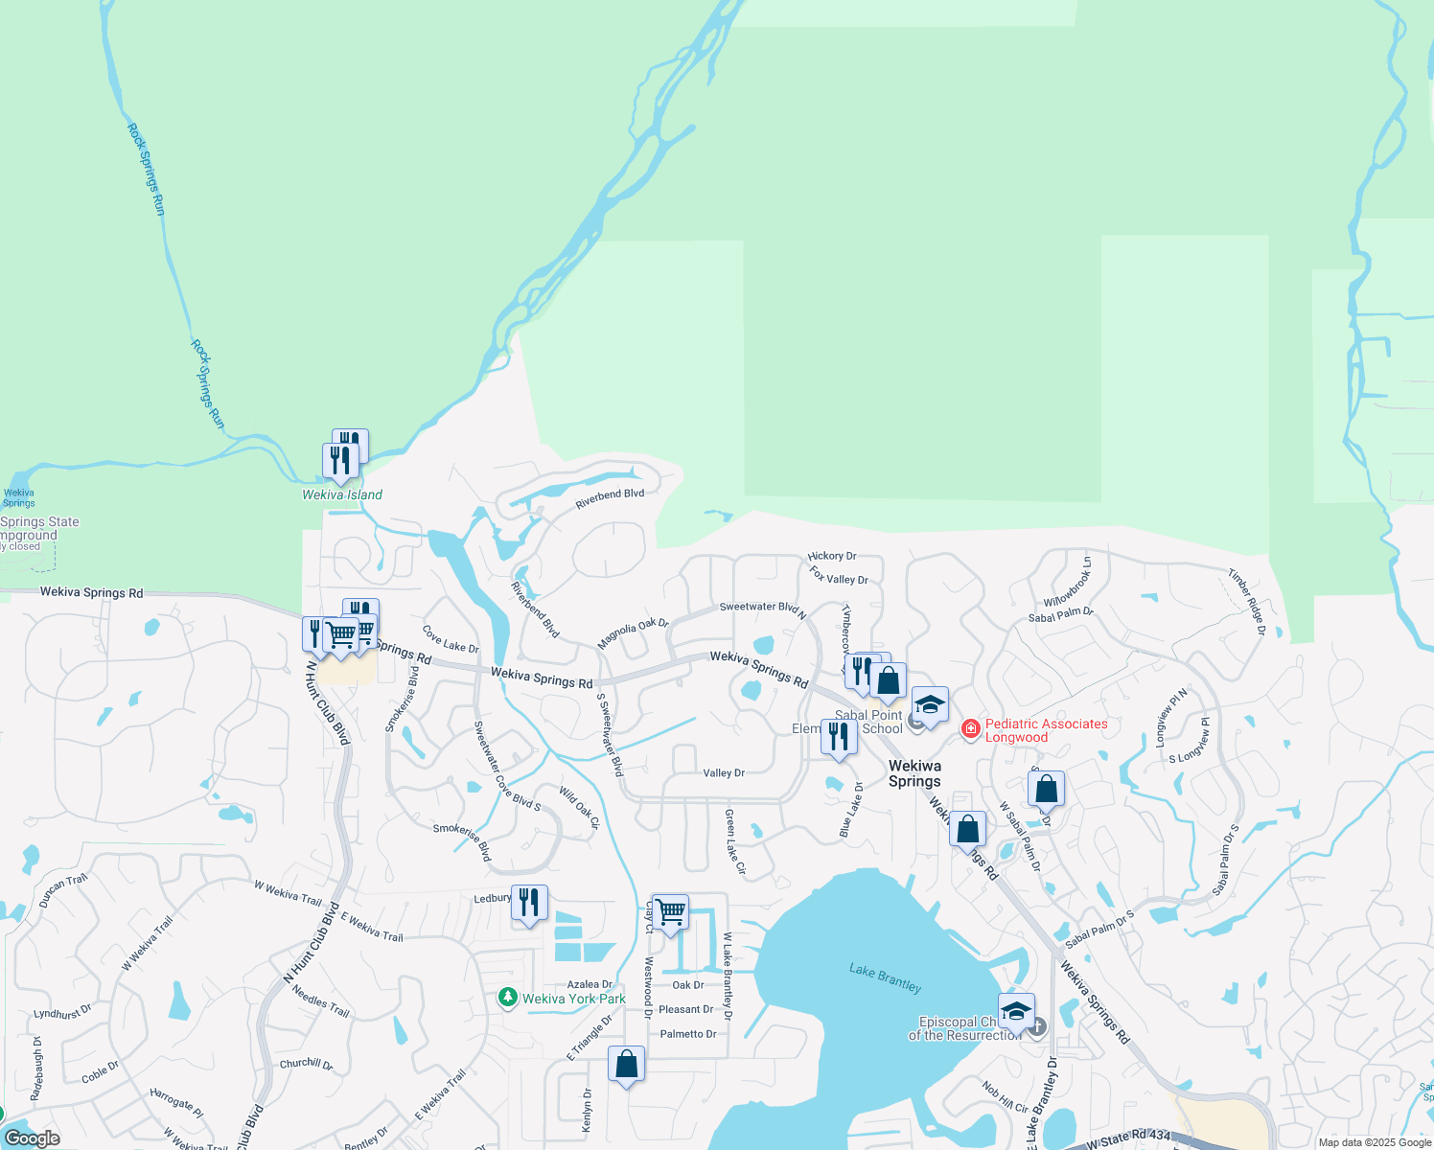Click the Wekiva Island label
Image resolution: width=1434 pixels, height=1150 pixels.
tap(342, 494)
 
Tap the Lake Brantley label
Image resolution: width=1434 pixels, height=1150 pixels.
tap(885, 977)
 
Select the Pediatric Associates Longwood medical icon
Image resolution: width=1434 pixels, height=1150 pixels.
tap(971, 730)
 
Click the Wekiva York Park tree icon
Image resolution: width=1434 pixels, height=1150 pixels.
tap(508, 999)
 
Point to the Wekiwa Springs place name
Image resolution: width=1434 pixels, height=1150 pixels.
tap(914, 773)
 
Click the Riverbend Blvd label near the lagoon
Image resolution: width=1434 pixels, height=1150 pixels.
tap(610, 498)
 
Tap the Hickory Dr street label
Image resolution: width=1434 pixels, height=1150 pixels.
tap(832, 556)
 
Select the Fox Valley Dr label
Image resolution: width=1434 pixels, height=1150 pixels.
tap(839, 575)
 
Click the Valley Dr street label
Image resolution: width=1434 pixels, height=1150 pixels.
tap(724, 772)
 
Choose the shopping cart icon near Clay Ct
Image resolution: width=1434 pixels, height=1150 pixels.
tap(670, 911)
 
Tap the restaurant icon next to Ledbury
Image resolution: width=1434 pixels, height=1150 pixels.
tap(529, 903)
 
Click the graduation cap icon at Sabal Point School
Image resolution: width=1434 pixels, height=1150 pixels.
tap(930, 705)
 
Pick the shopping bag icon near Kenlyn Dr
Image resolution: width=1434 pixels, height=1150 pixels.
tap(627, 1064)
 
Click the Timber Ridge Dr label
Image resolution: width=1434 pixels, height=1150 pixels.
tap(1247, 603)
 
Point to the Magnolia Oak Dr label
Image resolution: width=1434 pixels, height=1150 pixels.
tap(633, 633)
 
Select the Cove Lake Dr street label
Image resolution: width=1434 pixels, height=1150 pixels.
tap(451, 639)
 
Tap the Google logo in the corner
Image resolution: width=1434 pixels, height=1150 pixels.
tap(32, 1138)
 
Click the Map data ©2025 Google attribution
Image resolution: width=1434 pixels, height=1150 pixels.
tap(1375, 1142)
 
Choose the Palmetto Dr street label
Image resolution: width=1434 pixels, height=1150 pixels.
tap(687, 1034)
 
